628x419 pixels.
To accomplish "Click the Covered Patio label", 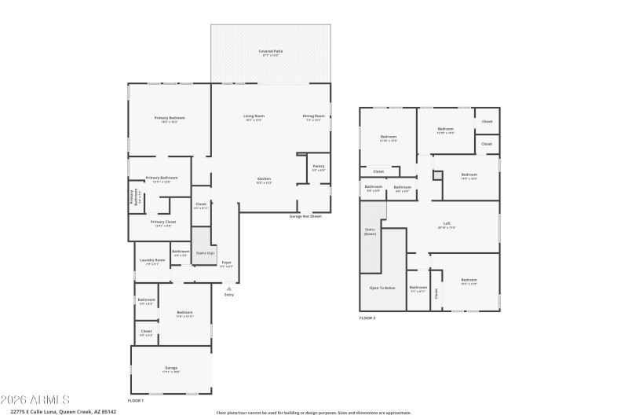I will [x=271, y=52].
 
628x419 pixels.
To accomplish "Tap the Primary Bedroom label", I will [x=170, y=119].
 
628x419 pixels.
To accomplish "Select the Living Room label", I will [x=254, y=117].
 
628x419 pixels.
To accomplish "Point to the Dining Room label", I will [x=314, y=117].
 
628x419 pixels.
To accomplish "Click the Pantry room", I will [x=318, y=167].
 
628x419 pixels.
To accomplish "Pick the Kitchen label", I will [x=264, y=180].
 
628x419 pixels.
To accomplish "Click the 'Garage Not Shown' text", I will [x=306, y=215].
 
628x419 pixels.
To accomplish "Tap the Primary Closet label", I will [x=163, y=223].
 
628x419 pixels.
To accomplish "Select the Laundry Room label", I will [x=152, y=261].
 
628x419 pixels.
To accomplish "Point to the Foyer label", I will [x=226, y=264].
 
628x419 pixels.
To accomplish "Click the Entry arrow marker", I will [x=229, y=289].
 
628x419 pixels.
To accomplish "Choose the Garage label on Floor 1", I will [x=171, y=369].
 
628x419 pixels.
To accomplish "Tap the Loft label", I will [x=447, y=225].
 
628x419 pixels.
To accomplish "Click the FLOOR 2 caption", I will [x=367, y=318].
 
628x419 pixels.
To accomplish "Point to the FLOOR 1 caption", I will [x=136, y=400].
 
